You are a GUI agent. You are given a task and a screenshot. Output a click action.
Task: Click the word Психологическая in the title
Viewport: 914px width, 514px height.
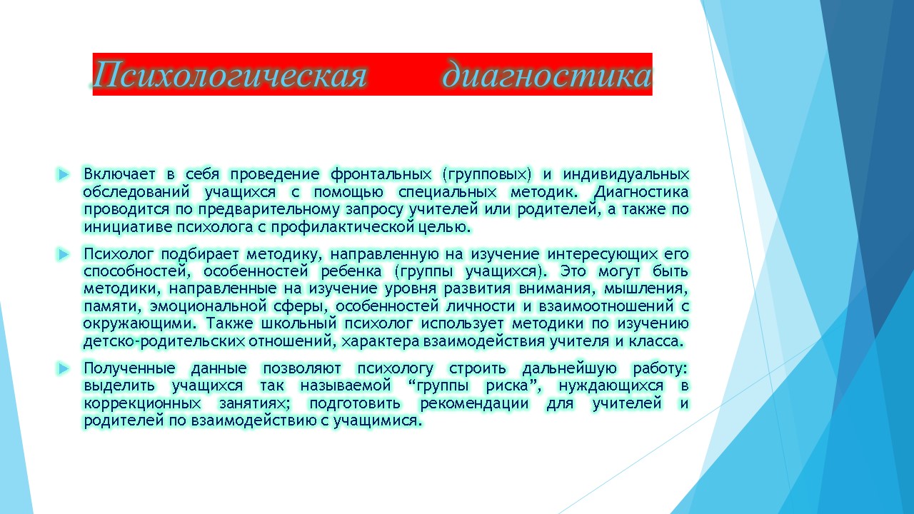230,75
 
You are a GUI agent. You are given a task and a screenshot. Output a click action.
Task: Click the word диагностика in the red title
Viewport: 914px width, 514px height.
547,75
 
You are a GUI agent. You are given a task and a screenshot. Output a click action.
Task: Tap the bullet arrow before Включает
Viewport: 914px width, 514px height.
64,175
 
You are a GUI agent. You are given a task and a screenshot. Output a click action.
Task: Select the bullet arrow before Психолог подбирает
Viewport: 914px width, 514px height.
64,255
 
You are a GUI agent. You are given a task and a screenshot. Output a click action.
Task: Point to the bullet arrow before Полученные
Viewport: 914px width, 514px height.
64,369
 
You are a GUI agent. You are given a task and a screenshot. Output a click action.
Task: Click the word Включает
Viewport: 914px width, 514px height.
119,174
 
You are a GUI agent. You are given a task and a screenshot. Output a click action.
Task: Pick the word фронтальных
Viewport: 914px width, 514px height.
381,175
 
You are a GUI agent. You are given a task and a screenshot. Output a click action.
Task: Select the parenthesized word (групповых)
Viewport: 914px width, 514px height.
487,175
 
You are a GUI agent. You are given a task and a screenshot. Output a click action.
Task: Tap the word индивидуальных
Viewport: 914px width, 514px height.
626,175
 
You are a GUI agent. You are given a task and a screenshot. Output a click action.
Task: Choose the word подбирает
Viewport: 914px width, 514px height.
199,255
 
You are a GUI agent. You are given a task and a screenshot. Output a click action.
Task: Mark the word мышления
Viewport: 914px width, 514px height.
646,289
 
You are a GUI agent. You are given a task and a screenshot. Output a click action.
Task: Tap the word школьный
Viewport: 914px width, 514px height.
299,323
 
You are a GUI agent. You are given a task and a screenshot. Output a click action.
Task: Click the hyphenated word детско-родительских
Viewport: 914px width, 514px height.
164,341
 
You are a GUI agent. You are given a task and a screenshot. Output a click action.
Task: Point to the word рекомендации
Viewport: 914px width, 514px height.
474,404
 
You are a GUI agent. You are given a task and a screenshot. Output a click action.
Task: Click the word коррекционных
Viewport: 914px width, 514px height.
142,404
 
